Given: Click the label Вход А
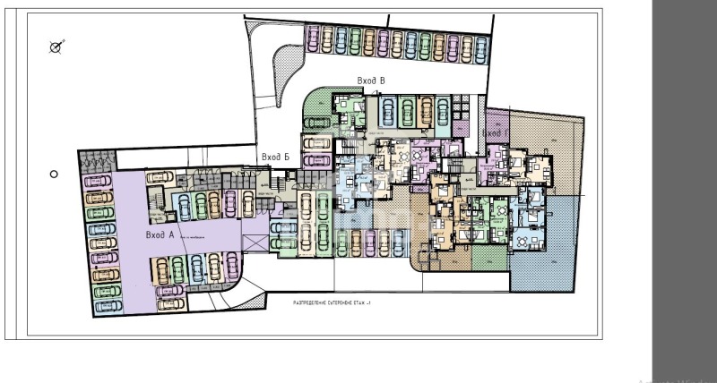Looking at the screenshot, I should coord(159,235).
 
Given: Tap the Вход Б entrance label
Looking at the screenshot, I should coord(275,157).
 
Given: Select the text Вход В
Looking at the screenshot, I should coord(371,81).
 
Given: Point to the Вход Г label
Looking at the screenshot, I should coord(495,133).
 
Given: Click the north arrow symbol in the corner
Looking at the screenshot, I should coord(56,47).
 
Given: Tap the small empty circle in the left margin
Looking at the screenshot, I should coord(54,174).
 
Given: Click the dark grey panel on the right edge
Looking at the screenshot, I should coord(684,179).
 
